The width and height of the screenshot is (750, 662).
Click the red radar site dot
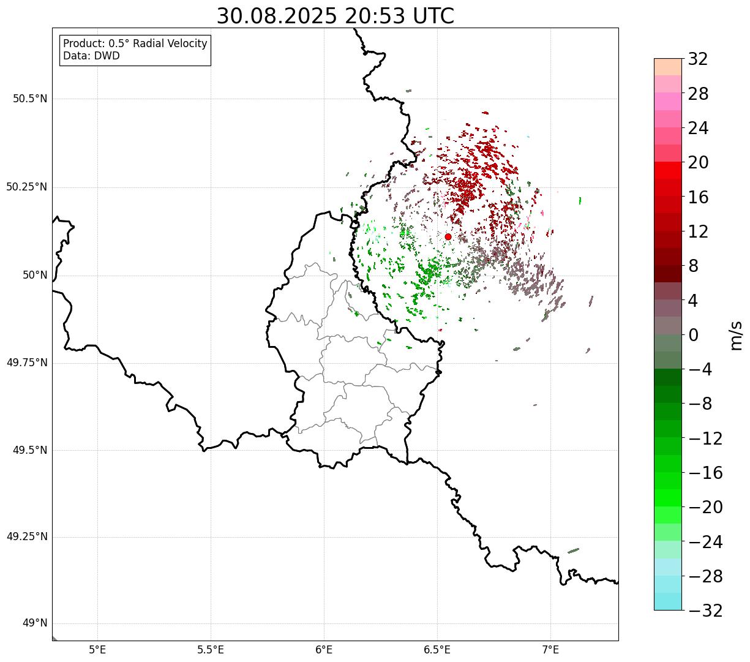pyautogui.click(x=448, y=236)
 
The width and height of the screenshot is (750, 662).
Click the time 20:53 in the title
pyautogui.click(x=375, y=17)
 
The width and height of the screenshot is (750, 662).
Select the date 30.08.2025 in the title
pyautogui.click(x=277, y=17)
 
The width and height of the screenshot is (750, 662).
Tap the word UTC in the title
pyautogui.click(x=433, y=17)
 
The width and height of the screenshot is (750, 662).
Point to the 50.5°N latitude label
pyautogui.click(x=31, y=99)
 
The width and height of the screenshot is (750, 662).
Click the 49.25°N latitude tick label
pyautogui.click(x=27, y=536)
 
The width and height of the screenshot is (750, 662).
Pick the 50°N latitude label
pyautogui.click(x=35, y=275)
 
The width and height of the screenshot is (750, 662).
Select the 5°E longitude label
pyautogui.click(x=97, y=650)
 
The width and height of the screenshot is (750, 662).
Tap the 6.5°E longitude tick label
pyautogui.click(x=437, y=650)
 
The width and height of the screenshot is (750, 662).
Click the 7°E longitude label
pyautogui.click(x=550, y=650)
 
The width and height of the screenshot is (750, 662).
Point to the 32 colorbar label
pyautogui.click(x=698, y=59)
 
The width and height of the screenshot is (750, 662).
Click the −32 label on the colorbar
pyautogui.click(x=705, y=610)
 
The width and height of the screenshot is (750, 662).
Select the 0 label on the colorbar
pyautogui.click(x=693, y=335)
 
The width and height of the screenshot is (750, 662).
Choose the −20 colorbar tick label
pyautogui.click(x=705, y=507)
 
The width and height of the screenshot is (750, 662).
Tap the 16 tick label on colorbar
pyautogui.click(x=698, y=197)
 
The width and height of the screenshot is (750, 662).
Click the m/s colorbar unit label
pyautogui.click(x=736, y=336)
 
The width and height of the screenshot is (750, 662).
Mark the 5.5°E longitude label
pyautogui.click(x=211, y=650)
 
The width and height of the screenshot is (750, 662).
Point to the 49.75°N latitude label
pyautogui.click(x=27, y=363)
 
